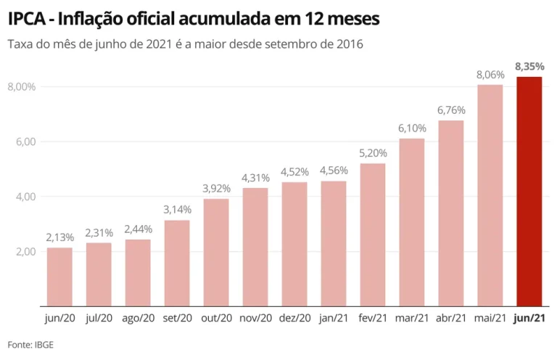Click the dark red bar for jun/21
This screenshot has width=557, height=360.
click(x=529, y=192)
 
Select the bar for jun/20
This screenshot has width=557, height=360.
click(x=59, y=277)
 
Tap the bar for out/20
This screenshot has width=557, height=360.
click(x=216, y=252)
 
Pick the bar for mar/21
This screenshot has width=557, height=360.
click(x=412, y=222)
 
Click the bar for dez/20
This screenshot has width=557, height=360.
click(x=294, y=244)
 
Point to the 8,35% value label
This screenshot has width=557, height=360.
click(x=529, y=67)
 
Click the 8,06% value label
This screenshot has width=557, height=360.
click(x=490, y=74)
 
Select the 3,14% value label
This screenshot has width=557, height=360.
click(x=177, y=210)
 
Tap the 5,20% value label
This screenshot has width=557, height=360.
click(x=373, y=153)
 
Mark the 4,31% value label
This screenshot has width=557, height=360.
click(x=255, y=178)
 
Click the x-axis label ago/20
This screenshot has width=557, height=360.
click(x=138, y=318)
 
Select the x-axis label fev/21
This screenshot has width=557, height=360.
click(x=373, y=318)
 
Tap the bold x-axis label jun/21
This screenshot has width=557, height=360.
click(x=529, y=318)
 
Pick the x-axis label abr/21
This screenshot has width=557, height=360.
click(x=451, y=318)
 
